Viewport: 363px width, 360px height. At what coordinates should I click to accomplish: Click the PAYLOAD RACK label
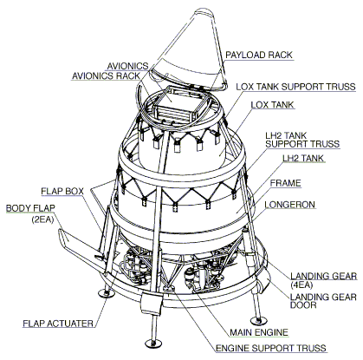(259, 55)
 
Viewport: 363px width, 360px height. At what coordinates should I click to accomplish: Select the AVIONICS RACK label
(106, 75)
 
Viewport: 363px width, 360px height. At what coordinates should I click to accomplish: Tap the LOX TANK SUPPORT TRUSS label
(295, 87)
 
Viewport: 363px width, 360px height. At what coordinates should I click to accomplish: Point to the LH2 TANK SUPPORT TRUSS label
(302, 140)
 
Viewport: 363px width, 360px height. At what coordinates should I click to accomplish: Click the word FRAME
(285, 183)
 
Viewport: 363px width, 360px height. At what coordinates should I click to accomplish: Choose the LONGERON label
(289, 205)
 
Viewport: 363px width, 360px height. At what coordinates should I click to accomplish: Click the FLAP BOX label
(62, 191)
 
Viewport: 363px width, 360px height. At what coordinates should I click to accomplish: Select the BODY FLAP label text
(30, 208)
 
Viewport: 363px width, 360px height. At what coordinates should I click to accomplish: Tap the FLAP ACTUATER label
(58, 324)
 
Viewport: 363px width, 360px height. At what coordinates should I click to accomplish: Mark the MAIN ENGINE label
(259, 332)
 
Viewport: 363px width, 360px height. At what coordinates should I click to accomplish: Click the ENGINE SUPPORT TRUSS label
(271, 348)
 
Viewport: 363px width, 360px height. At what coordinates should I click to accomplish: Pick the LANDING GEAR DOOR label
(323, 301)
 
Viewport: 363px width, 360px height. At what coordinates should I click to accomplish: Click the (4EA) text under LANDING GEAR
(301, 285)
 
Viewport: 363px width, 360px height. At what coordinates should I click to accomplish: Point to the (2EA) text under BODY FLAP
(42, 219)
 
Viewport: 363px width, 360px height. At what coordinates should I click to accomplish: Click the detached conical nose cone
(188, 52)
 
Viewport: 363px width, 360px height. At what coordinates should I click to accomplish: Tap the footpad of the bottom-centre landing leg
(153, 344)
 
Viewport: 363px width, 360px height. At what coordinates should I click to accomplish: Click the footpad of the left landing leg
(106, 294)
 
